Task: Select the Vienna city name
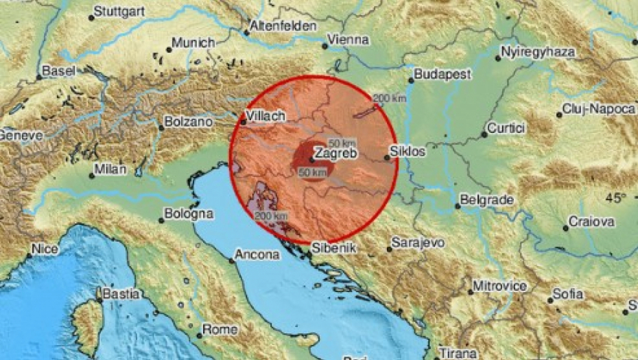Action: coord(348,40)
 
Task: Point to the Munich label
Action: coord(193,43)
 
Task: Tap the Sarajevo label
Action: coord(418,243)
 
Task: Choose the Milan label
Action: coord(111,169)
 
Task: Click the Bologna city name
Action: coord(189,215)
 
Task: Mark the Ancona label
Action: coord(257,255)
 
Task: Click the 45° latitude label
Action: coord(615,198)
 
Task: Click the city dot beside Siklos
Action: coord(387,158)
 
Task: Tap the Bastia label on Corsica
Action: coord(123,294)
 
